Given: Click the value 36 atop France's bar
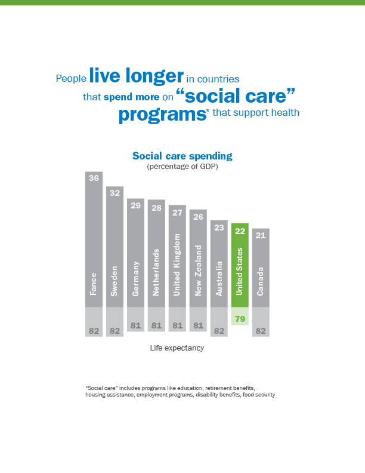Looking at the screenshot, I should (x=94, y=178).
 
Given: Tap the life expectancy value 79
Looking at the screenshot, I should (x=240, y=319).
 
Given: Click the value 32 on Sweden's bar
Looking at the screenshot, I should (x=115, y=193).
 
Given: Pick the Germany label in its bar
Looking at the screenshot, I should (x=135, y=278).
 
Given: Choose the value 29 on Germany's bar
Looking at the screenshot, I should (x=135, y=205).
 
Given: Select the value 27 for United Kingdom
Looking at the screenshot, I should (x=177, y=212).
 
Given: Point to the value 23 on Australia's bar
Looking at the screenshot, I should (x=219, y=227).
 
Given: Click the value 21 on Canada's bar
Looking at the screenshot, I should (x=261, y=235).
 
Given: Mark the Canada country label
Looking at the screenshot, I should (x=261, y=281).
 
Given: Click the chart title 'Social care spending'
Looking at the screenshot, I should (x=182, y=156).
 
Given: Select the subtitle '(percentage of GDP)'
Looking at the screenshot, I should (x=182, y=167).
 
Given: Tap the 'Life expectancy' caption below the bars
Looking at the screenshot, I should (x=177, y=348).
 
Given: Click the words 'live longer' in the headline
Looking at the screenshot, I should (x=136, y=76).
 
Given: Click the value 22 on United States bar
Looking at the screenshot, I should (x=240, y=231).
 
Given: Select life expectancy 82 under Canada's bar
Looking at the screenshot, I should (x=261, y=330).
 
